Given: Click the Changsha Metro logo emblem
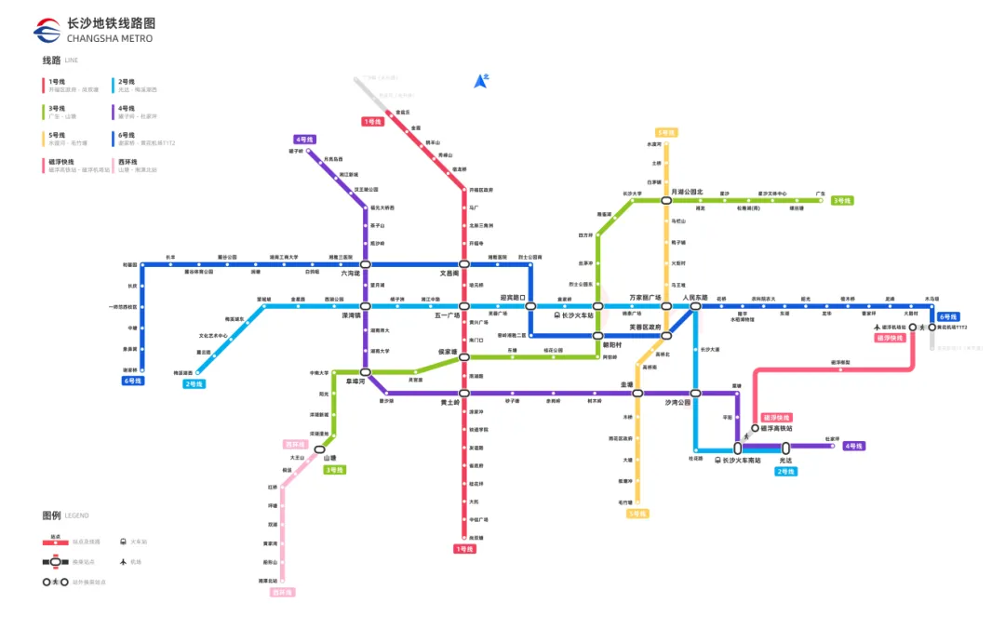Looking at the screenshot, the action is [x=47, y=30].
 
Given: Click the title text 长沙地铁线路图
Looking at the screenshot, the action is [x=112, y=22].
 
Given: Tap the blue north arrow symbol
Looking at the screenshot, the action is [x=481, y=82].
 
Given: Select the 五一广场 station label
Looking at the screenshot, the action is [x=448, y=315].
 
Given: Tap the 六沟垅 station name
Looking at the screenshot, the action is [x=350, y=274].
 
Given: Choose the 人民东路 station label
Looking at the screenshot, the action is [x=696, y=298].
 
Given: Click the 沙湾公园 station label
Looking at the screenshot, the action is [x=677, y=403].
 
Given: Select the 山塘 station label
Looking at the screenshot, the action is [x=328, y=459].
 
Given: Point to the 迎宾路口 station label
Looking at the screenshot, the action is [x=513, y=298].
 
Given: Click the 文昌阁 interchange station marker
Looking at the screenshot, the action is [x=463, y=264].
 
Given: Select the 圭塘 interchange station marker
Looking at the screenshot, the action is [x=638, y=394].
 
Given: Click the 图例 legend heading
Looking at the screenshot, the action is [x=51, y=515].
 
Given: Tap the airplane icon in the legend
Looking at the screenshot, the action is [x=123, y=562].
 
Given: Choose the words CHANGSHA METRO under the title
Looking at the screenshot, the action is [x=110, y=39].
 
